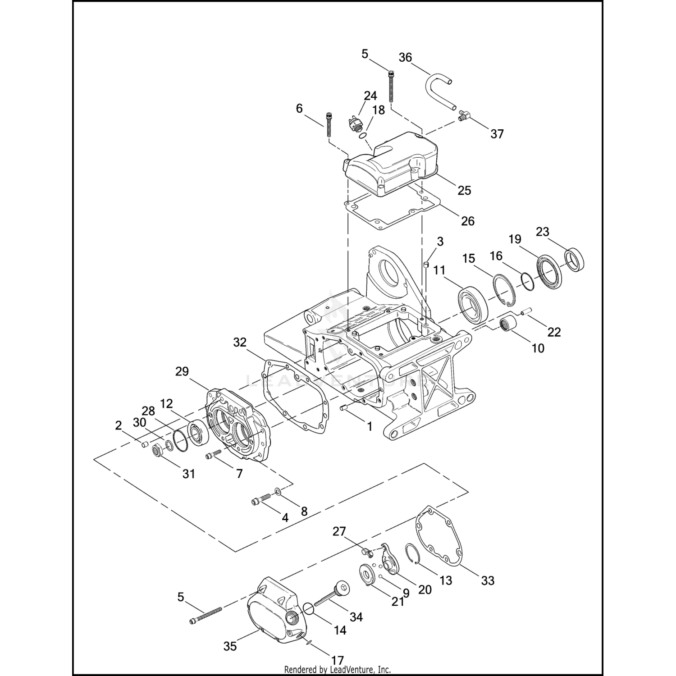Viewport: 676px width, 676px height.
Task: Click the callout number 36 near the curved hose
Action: tap(406, 58)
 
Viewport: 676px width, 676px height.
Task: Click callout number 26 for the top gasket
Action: tap(468, 221)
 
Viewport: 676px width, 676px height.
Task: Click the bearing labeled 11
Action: tap(472, 304)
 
